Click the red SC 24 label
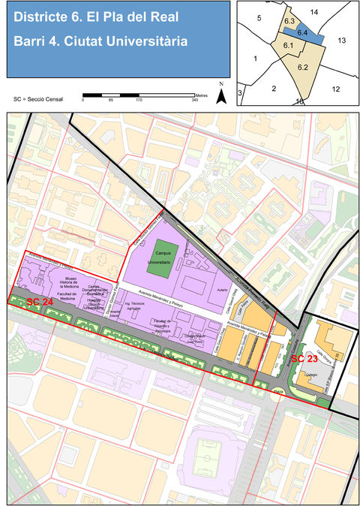[x=40, y=302]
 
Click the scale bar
[x=138, y=95]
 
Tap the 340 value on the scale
[x=194, y=101]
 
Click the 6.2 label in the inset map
[x=303, y=67]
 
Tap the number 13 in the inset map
[x=340, y=40]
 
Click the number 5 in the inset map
[x=257, y=17]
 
